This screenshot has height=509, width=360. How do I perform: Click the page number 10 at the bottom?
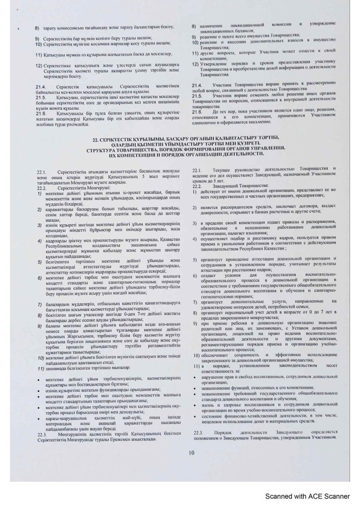coord(191,452)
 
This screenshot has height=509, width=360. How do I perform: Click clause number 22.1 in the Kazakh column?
coord(42,171)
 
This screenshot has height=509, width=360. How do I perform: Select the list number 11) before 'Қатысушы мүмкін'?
coord(38,52)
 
